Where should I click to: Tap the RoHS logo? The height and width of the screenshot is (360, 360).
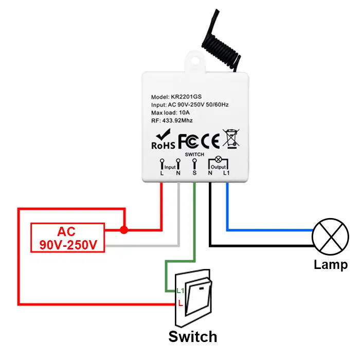point(164,139)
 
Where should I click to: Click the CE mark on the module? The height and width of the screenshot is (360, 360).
point(210,139)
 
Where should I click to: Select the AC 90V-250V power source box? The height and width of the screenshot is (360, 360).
point(68,238)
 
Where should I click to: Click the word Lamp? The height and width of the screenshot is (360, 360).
point(331,265)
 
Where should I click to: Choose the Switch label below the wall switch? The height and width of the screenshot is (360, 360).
point(193,337)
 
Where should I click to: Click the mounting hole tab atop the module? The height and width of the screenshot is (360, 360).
point(195,62)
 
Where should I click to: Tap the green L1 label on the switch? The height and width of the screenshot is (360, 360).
point(179,291)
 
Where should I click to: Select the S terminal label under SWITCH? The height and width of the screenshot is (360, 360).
point(194,173)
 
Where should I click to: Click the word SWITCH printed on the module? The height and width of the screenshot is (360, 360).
point(194,154)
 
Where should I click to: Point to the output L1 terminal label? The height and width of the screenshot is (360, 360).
point(226,173)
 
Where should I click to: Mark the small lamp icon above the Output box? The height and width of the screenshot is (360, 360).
point(218,159)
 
